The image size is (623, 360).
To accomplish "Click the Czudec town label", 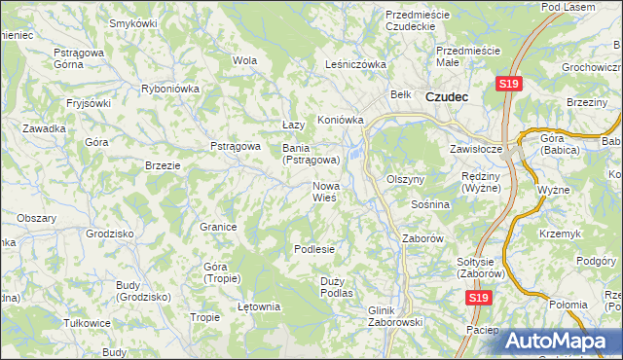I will point(447,97).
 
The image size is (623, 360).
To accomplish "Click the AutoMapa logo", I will point(562,341).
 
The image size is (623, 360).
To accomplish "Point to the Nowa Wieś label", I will point(324,191).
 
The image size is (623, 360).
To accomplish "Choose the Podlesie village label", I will point(314,249).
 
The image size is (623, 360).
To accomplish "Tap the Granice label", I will point(219,227).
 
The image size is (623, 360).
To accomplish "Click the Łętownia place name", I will point(259,306).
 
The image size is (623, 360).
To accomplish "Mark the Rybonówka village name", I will point(170,88).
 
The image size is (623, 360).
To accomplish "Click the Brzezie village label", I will point(163,165).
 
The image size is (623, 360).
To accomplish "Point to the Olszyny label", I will point(406,180).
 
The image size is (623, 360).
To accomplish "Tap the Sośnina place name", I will point(429,205).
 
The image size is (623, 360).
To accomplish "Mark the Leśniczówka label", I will point(355,65).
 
